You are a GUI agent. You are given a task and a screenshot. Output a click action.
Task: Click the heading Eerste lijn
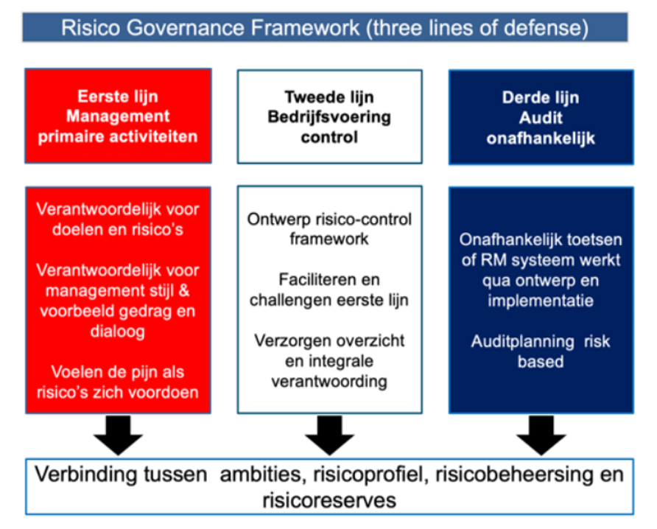point(118,97)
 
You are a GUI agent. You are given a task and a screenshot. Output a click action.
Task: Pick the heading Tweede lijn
point(329,97)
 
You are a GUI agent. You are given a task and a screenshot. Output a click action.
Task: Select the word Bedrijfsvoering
point(329,117)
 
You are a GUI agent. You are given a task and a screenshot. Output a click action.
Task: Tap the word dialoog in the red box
point(118,331)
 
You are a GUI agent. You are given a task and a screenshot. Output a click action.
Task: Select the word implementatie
point(541,301)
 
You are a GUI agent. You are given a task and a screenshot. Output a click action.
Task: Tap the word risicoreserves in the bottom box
point(329,500)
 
